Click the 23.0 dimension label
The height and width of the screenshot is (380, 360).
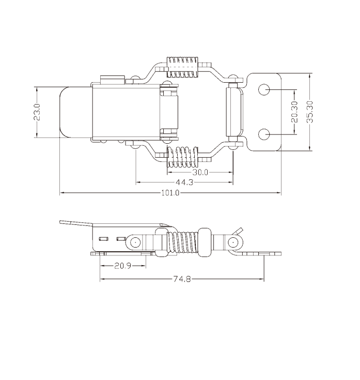coord(37,112)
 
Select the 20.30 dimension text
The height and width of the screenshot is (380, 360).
coord(294,112)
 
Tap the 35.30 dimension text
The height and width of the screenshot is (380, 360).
coord(310,112)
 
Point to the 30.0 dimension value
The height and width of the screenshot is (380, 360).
coord(200,172)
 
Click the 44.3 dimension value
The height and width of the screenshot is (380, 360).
coord(184,182)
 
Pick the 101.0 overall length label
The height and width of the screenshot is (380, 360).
coord(170,193)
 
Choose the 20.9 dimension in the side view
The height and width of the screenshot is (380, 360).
coord(123,266)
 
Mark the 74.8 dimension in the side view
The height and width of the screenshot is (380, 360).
coord(182,279)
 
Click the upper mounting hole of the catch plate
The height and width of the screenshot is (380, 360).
coord(264,89)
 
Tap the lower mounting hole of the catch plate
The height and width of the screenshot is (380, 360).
coord(264,134)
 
